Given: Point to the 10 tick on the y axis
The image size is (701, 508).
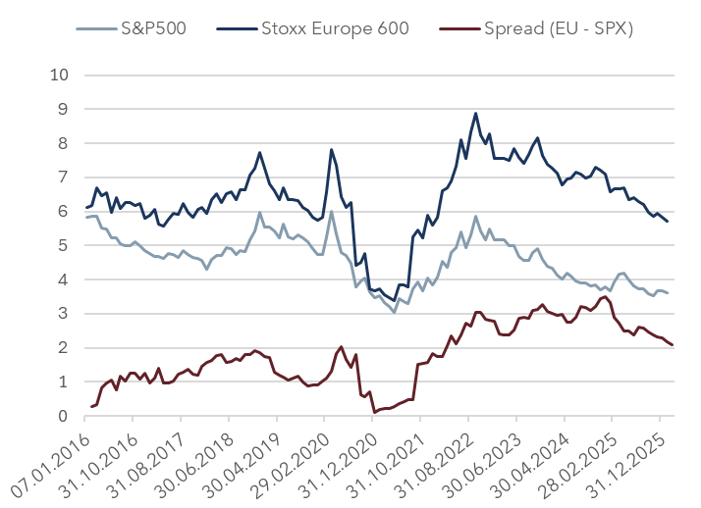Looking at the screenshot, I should (x=60, y=75).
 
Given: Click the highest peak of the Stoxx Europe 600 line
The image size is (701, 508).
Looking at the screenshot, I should (x=476, y=113).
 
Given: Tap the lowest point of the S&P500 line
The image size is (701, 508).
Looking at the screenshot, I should (x=395, y=312).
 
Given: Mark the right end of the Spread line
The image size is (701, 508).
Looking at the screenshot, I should (x=673, y=345).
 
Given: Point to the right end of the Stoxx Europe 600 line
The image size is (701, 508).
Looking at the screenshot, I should (x=669, y=221).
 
